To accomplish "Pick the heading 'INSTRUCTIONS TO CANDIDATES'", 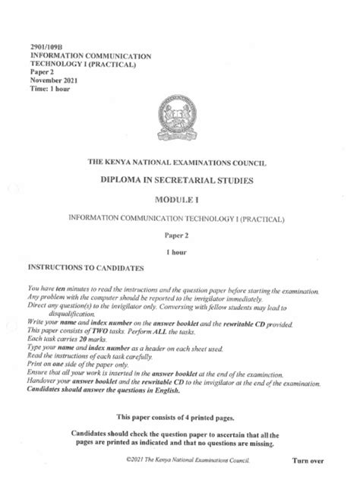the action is coord(90,268).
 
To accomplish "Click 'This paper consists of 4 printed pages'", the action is coord(178,418).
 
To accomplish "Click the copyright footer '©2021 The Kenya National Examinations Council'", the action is coord(186,460).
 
